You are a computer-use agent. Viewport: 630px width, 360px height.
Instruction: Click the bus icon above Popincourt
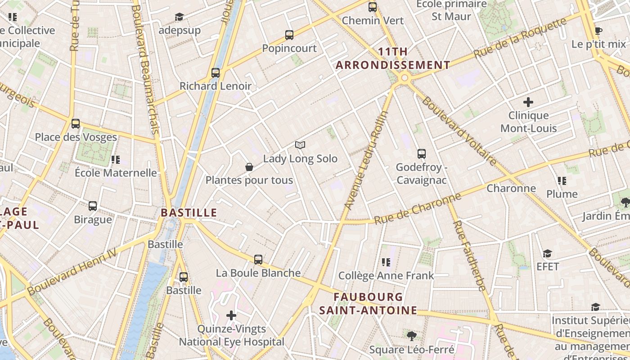coord(289,35)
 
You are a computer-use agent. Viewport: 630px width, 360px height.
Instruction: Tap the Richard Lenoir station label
coord(216,86)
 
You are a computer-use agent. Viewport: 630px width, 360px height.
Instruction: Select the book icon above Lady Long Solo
coord(300,145)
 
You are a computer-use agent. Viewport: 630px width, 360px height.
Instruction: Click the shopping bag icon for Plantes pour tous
coord(249,167)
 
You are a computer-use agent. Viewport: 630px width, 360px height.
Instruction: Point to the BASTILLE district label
coord(189,212)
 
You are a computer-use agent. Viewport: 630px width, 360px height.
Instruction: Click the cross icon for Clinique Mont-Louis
coord(528,102)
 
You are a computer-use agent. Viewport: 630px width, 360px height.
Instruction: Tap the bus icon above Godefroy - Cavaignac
coord(422,154)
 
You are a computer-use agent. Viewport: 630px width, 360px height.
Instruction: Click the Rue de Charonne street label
coord(418,209)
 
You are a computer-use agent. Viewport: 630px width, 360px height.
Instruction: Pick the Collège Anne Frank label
coord(386,275)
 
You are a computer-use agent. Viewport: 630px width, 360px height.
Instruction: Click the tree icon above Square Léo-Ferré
coord(411,336)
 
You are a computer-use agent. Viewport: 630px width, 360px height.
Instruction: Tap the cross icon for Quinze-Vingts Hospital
coord(231,315)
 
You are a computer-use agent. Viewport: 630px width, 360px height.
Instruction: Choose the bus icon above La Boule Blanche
coord(258,260)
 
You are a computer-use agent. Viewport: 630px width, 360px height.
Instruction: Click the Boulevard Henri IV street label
coord(72,273)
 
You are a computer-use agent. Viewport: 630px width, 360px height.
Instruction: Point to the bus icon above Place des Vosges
coord(76,124)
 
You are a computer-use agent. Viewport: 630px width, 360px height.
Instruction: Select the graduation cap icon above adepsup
coord(180,17)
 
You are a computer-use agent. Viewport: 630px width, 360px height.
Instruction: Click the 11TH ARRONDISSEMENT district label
coord(393,58)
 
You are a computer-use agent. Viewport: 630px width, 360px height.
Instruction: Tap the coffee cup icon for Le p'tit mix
coord(598,31)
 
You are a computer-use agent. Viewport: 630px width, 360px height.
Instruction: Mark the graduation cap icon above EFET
coord(547,254)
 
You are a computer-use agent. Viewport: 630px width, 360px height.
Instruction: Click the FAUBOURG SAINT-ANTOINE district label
coord(369,304)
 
